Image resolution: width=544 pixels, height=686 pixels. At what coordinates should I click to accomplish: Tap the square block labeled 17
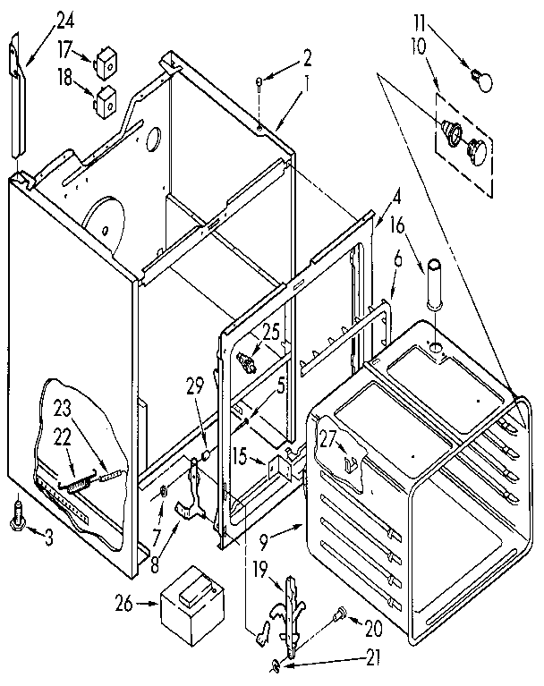106,64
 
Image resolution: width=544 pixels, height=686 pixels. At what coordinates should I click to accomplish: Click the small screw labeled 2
258,83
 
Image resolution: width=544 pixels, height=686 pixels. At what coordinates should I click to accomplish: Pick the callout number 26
125,603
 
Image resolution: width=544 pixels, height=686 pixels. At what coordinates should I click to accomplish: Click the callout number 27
327,437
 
